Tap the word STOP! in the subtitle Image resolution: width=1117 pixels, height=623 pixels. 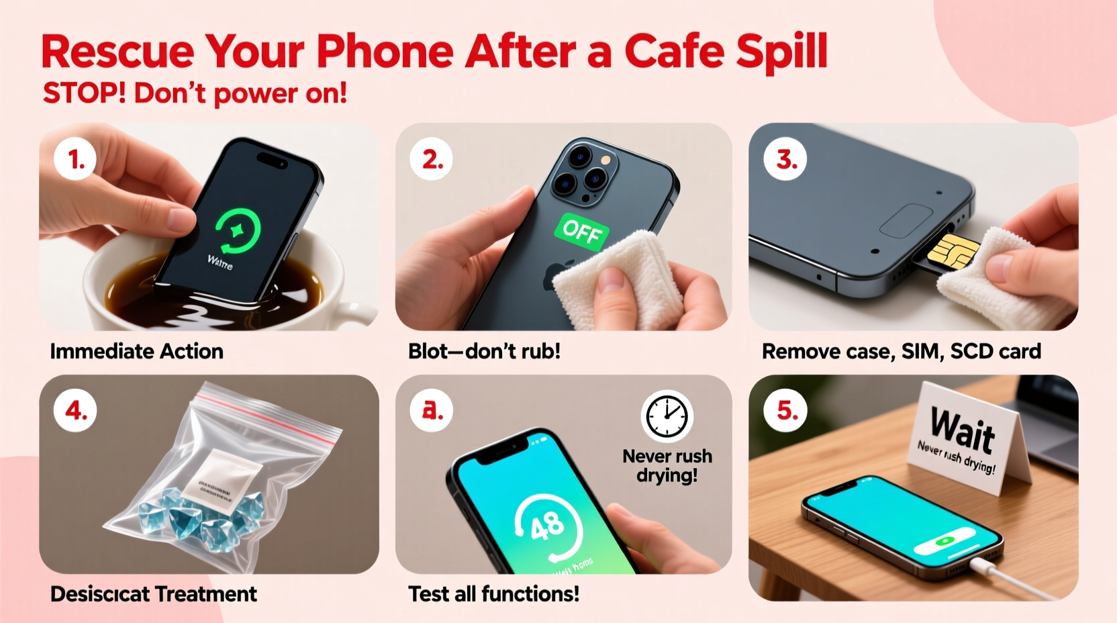point(84,93)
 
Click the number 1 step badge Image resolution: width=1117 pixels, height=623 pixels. point(75,159)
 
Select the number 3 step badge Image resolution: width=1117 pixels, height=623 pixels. point(785,159)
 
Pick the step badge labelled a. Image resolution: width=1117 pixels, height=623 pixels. point(432,410)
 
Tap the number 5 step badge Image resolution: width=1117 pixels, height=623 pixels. point(785,410)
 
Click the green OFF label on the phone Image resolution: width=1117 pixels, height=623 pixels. point(581,232)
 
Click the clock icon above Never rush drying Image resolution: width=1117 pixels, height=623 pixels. point(667,416)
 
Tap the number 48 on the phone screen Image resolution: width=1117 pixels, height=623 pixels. point(547,526)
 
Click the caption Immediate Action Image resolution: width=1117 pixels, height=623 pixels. point(136,351)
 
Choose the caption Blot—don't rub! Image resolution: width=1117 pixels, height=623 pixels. point(484,351)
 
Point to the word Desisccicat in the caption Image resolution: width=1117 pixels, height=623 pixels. point(100,594)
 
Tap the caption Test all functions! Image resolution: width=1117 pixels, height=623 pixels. point(493,594)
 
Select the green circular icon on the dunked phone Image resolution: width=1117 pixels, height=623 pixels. point(238,230)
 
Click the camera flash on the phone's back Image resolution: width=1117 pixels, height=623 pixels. point(606,160)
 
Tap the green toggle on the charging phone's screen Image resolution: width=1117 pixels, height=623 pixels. point(946,540)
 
